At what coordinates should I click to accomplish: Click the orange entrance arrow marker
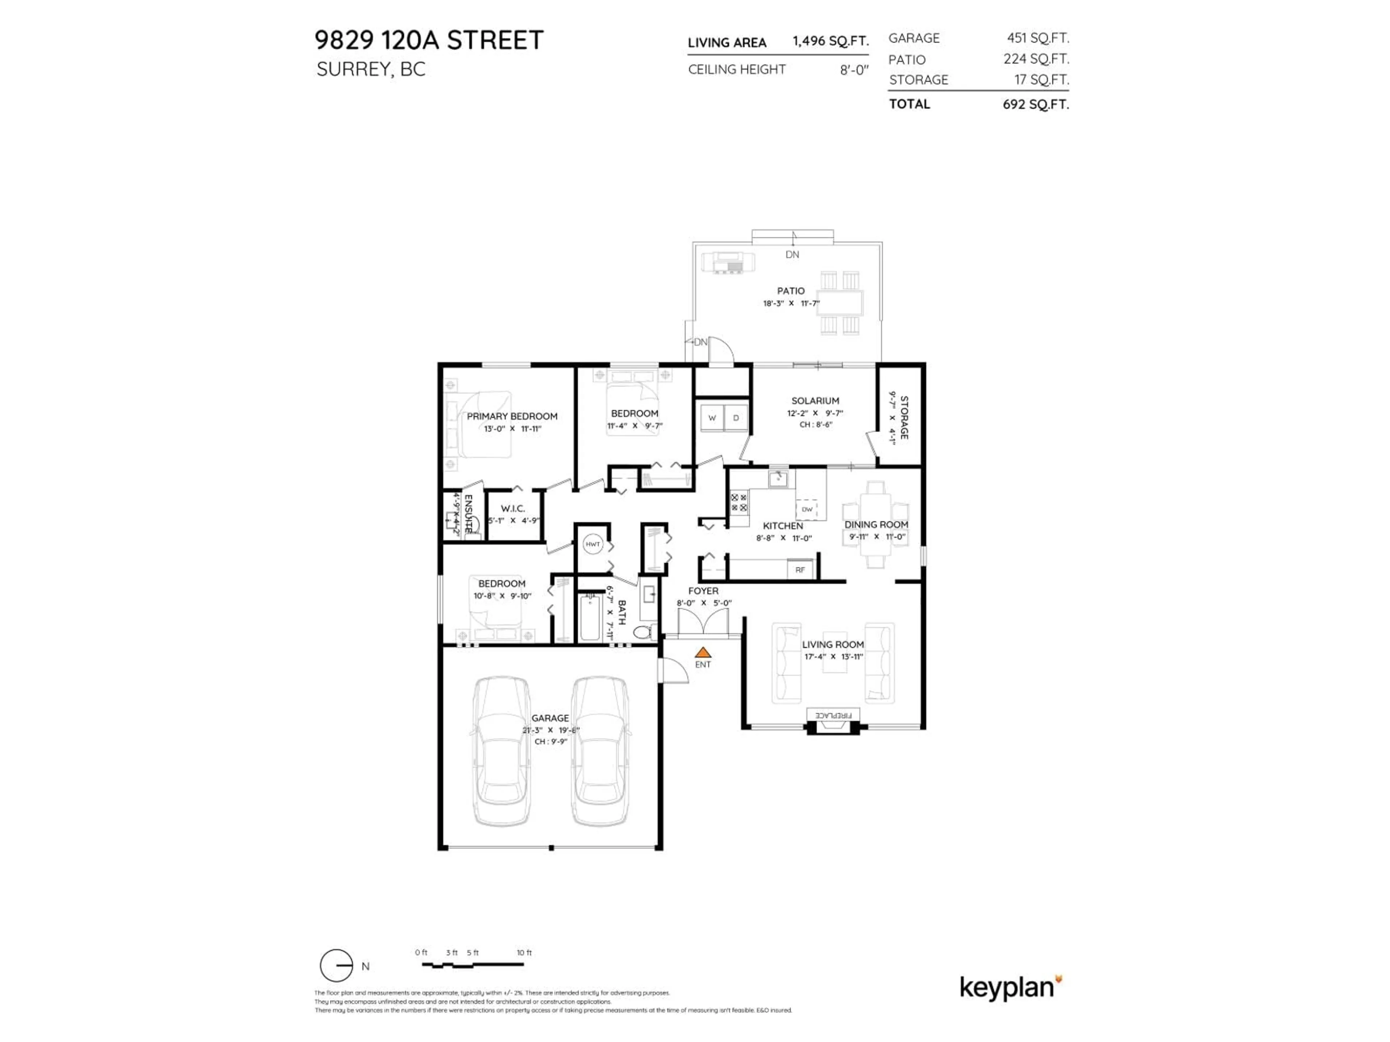[703, 653]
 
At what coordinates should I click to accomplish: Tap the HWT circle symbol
[593, 544]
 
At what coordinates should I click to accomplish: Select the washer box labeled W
[712, 418]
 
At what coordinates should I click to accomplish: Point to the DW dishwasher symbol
[807, 509]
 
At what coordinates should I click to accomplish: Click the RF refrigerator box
[800, 570]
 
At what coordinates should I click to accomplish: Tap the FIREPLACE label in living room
[833, 715]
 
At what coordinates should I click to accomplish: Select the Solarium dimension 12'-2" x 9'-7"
[815, 413]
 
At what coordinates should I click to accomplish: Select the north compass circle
[336, 965]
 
